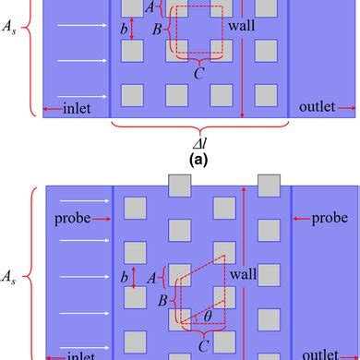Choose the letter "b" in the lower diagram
coord(124,276)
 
